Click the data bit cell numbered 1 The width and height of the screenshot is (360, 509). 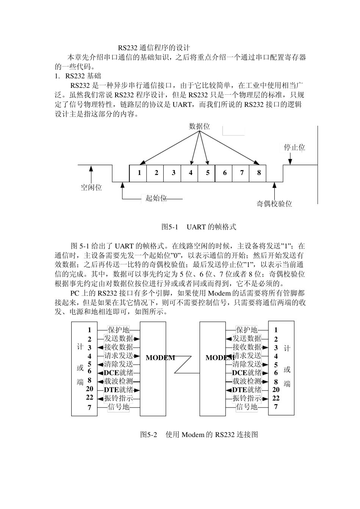[x=139, y=173]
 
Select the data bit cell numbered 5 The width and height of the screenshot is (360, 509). [x=208, y=173]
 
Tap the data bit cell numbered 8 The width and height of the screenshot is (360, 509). [x=259, y=173]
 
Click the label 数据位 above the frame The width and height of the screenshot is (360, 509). [x=199, y=127]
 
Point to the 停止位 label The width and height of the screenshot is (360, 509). [x=294, y=148]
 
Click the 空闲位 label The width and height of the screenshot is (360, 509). [x=91, y=187]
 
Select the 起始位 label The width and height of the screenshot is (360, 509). [x=156, y=198]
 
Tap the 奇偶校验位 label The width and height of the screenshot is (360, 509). [x=274, y=204]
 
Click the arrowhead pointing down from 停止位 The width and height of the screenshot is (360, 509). [x=290, y=162]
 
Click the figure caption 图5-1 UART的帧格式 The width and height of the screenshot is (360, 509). [x=199, y=227]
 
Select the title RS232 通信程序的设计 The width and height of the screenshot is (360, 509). [x=153, y=48]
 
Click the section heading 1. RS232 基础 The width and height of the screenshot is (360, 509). [x=78, y=76]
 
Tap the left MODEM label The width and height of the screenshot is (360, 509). [x=160, y=358]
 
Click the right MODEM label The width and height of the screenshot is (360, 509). [x=220, y=358]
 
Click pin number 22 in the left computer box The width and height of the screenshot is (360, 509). [x=89, y=397]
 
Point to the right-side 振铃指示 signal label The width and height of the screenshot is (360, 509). [x=247, y=398]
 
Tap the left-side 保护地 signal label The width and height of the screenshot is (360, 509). [x=119, y=330]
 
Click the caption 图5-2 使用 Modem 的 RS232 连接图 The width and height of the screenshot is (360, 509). [x=199, y=435]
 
